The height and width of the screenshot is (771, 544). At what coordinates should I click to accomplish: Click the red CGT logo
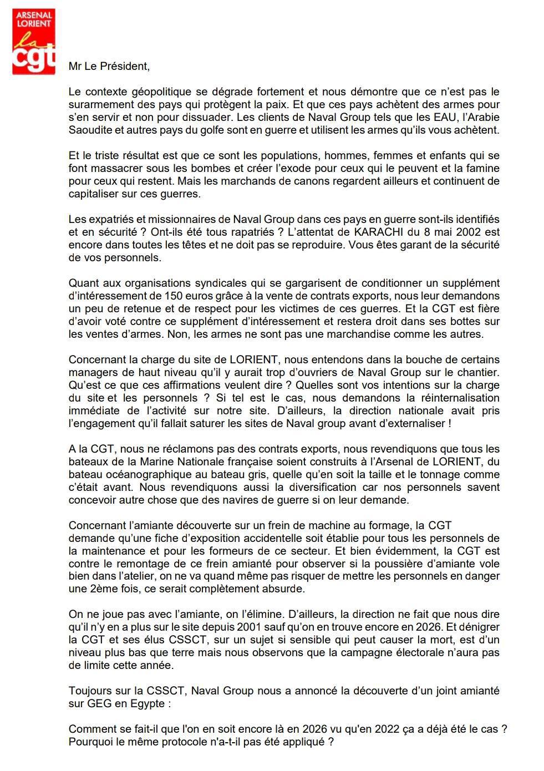point(34,42)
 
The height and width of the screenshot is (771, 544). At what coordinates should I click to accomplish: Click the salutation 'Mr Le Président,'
point(109,66)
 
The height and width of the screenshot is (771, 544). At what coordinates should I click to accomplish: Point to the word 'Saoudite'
point(89,130)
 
